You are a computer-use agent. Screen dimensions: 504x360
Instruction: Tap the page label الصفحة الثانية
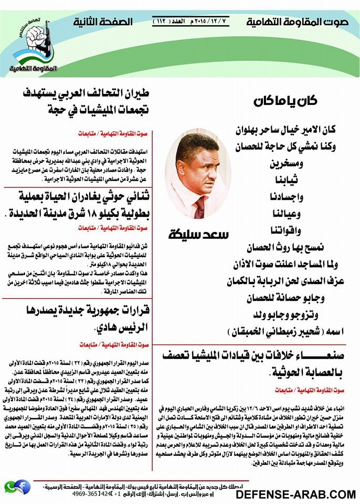pos(103,23)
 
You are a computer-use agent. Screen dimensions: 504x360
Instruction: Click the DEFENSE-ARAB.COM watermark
pos(295,494)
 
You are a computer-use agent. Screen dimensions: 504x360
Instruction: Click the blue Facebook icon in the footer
pos(22,486)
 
